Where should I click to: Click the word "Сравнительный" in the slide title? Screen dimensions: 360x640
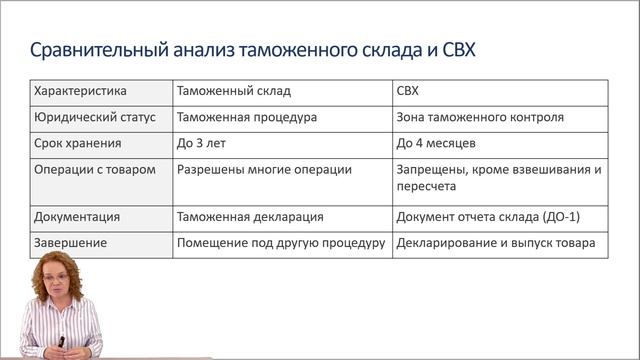[x=93, y=50]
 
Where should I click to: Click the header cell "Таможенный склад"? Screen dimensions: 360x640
[x=233, y=91]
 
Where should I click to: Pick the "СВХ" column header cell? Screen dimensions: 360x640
[x=408, y=91]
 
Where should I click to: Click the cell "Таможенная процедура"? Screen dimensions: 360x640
[x=247, y=117]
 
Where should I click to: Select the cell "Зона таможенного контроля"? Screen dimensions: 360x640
[x=480, y=117]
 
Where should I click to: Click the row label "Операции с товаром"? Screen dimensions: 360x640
[x=94, y=169]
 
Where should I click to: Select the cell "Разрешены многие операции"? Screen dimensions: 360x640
[x=264, y=169]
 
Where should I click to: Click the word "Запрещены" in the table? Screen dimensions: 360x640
[x=432, y=169]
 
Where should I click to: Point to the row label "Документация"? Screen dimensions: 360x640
[x=77, y=216]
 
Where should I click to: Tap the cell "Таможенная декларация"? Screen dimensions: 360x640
[x=249, y=216]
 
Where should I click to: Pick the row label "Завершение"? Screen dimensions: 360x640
[x=73, y=242]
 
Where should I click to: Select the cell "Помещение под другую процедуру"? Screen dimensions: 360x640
[x=281, y=242]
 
